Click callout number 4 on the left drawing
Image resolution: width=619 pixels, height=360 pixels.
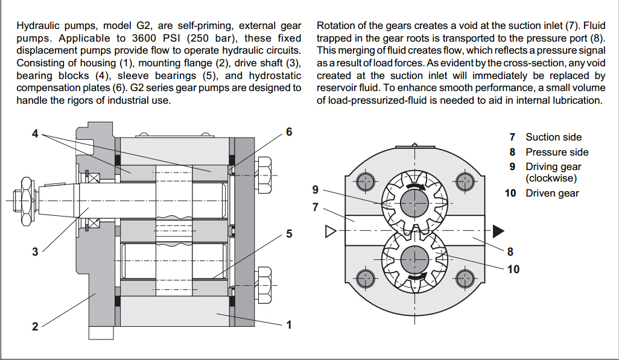tap(35, 133)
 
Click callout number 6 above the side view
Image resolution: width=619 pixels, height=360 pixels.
tap(289, 131)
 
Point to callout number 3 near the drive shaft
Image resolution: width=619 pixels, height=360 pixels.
tap(35, 252)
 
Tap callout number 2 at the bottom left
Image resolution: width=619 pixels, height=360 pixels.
tap(35, 326)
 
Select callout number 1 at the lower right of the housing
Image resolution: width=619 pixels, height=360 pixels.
tap(289, 324)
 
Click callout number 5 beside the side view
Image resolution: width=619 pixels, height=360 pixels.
tap(289, 233)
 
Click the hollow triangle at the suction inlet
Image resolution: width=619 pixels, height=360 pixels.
tap(329, 231)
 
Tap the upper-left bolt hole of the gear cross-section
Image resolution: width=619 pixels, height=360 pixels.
tap(366, 181)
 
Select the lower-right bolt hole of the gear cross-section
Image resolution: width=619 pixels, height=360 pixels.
tap(465, 279)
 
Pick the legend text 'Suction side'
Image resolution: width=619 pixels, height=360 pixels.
tap(553, 137)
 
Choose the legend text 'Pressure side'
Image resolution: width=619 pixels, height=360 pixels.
tap(556, 152)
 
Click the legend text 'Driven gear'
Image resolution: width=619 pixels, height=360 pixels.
tap(552, 194)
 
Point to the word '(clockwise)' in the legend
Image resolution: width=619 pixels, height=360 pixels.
tap(551, 178)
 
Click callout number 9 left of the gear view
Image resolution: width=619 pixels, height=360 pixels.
tap(315, 190)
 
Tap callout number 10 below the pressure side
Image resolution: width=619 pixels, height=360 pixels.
tap(513, 269)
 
